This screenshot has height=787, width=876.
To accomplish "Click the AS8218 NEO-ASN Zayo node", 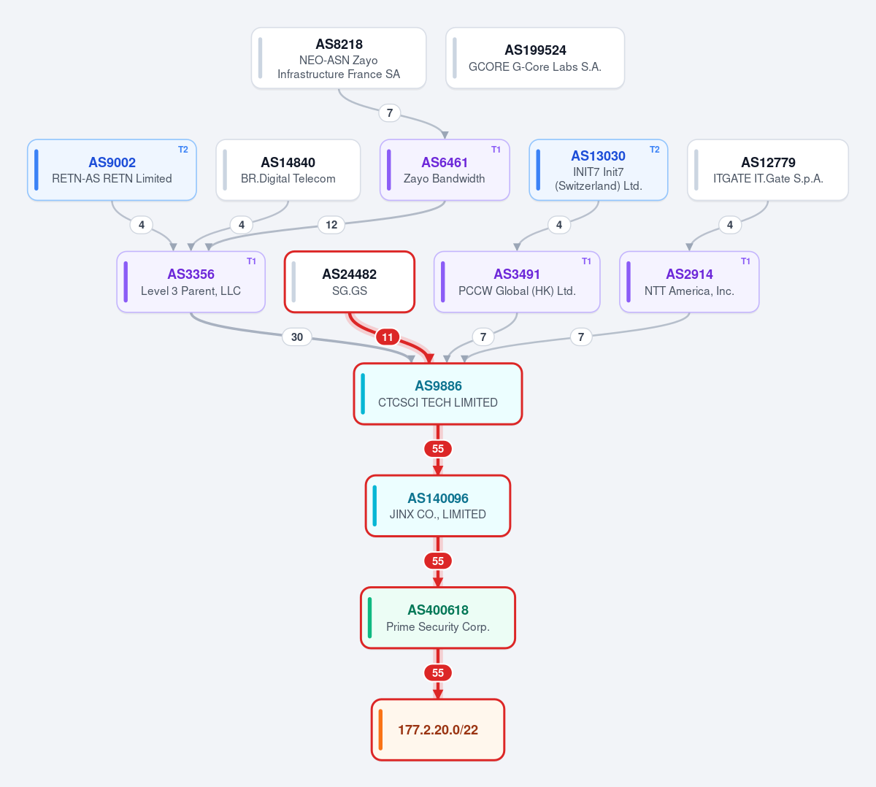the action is [339, 58].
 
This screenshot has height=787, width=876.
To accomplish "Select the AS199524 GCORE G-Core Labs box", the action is [535, 58].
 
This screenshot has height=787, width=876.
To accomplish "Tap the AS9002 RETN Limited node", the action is [112, 170].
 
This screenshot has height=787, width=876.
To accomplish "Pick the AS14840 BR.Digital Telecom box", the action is [288, 170].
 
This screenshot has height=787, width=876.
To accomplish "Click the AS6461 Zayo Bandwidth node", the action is [445, 170].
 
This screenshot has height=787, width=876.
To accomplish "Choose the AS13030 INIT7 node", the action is [599, 170].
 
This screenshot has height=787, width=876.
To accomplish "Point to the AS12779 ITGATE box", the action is [768, 170].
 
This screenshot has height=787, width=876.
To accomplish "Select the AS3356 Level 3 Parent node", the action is [191, 282].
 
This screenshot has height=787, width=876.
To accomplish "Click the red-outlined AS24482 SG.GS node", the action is [350, 282].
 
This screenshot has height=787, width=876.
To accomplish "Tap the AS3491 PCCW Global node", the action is [517, 282].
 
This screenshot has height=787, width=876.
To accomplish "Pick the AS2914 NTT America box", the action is [689, 282].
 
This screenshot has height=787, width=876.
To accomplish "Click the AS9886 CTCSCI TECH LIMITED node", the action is [438, 394].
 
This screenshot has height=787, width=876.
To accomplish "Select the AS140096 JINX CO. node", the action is [438, 506].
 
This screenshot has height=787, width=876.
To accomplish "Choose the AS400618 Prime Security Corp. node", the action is [438, 618].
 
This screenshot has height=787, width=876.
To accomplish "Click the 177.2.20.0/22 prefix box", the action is [438, 730].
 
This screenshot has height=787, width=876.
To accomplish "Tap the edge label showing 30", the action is [297, 337].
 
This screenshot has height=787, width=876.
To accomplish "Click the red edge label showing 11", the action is [388, 337].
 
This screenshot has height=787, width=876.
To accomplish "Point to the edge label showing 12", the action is [331, 225].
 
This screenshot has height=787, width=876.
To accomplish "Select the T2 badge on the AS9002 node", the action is [183, 150].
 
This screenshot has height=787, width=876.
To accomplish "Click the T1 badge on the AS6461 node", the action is [496, 150].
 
